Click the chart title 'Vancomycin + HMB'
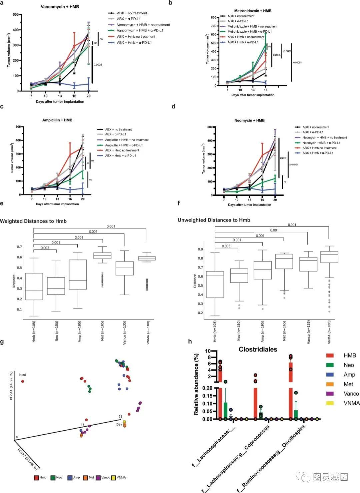(x=60, y=7)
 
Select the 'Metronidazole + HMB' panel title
(x=253, y=11)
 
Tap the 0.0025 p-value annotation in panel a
(x=98, y=65)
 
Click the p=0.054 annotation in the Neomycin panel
(x=294, y=164)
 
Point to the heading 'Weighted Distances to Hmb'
(x=33, y=221)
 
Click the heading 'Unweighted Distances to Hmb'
(x=214, y=220)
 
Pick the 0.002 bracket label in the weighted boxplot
(x=45, y=248)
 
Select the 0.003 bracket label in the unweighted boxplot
(x=226, y=246)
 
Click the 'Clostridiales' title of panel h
(x=258, y=349)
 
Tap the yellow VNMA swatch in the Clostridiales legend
(x=330, y=403)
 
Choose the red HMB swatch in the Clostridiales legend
(x=330, y=356)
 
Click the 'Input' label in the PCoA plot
(x=22, y=375)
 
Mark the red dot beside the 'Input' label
(x=23, y=381)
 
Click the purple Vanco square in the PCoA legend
(x=98, y=478)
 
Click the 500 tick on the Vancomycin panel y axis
(x=16, y=15)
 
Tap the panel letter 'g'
(x=2, y=342)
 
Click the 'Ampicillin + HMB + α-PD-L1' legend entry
(x=124, y=145)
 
